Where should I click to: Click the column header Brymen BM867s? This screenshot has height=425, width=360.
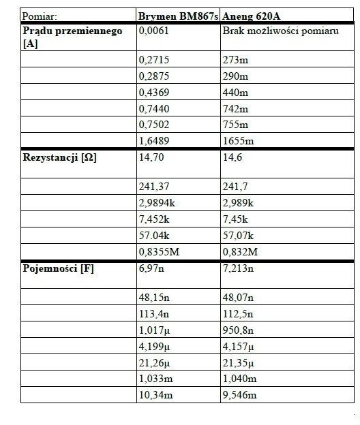click(178, 15)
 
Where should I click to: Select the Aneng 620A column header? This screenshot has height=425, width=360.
click(250, 15)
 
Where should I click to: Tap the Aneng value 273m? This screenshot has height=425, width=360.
click(235, 60)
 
